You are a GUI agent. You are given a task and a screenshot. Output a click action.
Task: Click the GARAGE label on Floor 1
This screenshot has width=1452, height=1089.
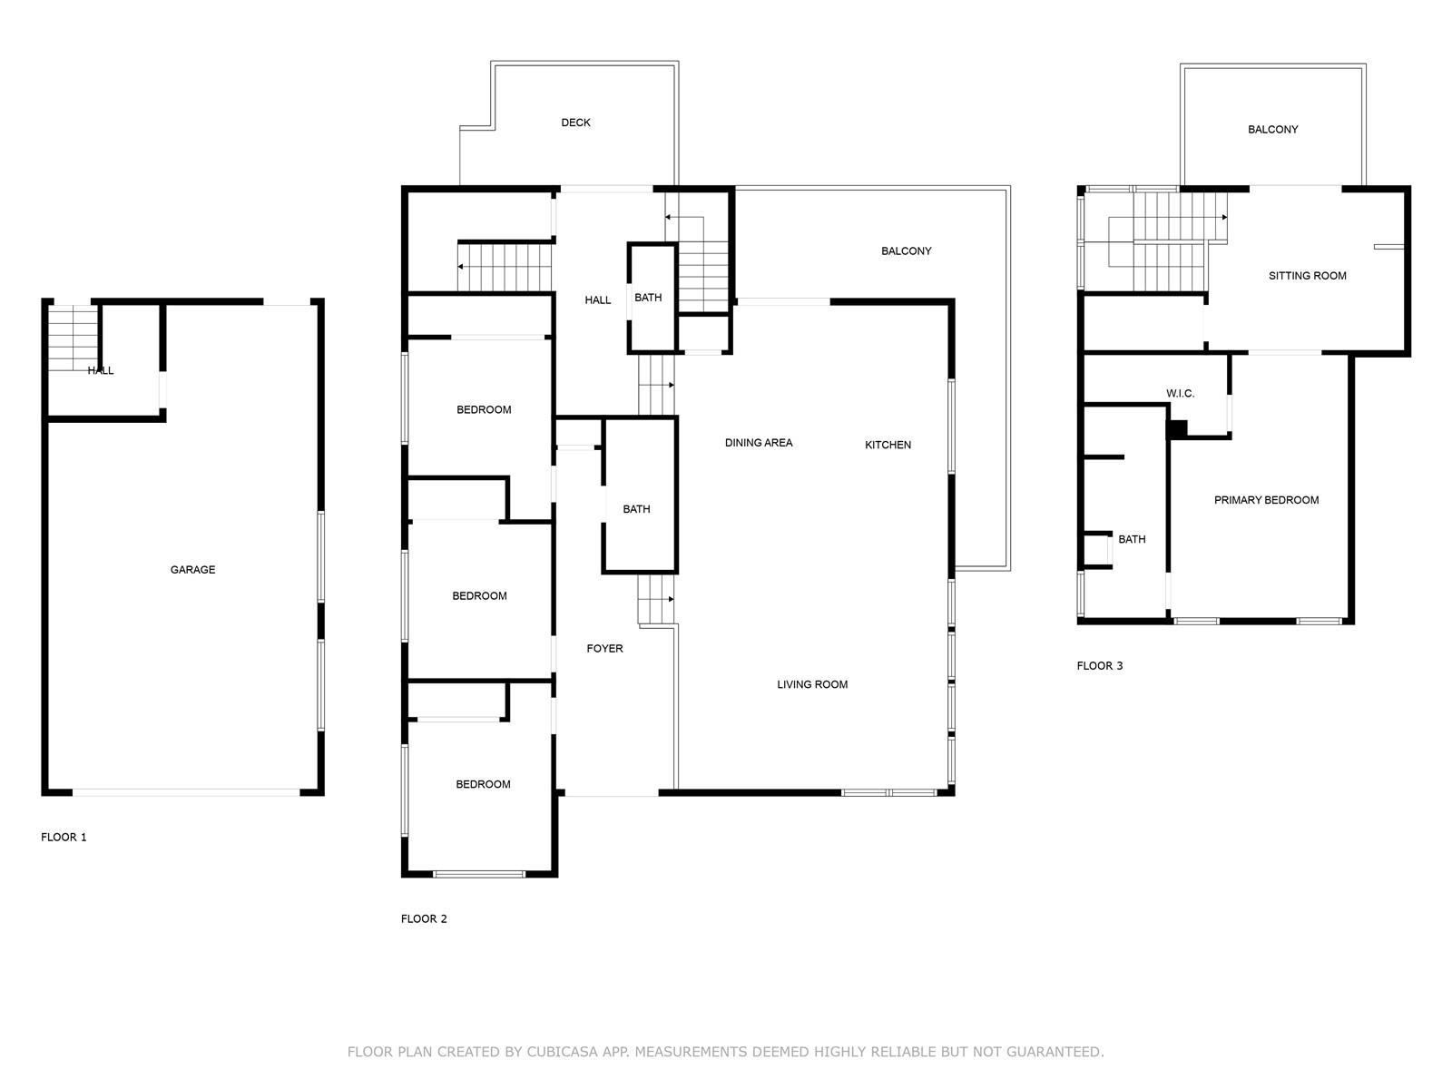(192, 569)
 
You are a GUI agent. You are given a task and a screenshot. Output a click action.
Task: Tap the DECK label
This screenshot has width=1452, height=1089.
(575, 123)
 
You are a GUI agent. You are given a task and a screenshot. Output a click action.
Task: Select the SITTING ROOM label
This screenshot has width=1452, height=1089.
(1307, 276)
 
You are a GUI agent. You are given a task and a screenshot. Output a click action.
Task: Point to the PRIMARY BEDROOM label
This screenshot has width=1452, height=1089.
(1266, 500)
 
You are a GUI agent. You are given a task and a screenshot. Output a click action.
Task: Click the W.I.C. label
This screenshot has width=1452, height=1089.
(1180, 394)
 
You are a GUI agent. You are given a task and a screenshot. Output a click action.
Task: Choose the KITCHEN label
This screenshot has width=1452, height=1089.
(888, 445)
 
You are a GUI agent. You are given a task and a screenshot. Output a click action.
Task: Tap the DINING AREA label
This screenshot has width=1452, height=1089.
(758, 443)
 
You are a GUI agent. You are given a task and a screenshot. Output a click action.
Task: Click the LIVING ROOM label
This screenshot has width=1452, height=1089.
(811, 684)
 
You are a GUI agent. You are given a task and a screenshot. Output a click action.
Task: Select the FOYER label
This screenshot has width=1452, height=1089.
(604, 649)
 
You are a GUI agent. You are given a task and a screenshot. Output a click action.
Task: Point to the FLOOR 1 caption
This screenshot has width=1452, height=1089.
(64, 837)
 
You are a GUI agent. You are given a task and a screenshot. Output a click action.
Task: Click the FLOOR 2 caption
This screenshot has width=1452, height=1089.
(424, 918)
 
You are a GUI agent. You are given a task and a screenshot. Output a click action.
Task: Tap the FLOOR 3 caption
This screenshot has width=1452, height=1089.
(1099, 666)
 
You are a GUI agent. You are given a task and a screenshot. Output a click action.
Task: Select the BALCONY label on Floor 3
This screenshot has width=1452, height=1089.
(1272, 130)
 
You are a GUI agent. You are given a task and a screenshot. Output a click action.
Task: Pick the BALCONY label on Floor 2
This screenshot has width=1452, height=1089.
(907, 251)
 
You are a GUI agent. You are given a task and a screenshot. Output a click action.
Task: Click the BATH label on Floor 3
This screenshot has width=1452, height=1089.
(1132, 540)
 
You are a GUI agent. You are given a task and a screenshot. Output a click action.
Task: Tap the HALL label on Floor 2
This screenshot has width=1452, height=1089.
(597, 300)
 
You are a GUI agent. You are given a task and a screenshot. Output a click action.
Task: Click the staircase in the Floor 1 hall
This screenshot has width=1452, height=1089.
(73, 338)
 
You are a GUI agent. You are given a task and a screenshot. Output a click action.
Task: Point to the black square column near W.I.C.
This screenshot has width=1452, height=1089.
(1177, 429)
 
